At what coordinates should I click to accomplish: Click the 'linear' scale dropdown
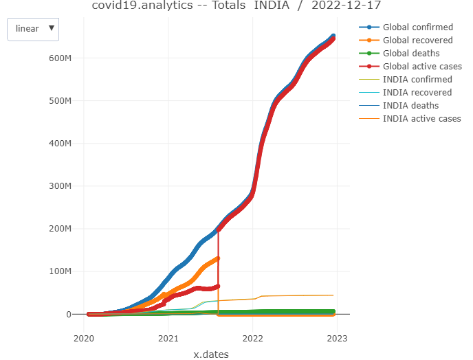[x=33, y=29]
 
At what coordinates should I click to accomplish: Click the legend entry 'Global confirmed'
[x=417, y=27]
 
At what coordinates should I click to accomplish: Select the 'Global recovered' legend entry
[x=417, y=41]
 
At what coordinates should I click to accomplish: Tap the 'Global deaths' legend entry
[x=411, y=54]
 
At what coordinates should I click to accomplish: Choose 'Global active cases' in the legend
[x=421, y=67]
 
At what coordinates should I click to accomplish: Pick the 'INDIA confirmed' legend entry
[x=417, y=80]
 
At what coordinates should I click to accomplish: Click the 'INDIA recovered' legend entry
[x=417, y=93]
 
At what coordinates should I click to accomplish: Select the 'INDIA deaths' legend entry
[x=410, y=106]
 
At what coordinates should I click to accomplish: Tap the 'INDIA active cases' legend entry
[x=421, y=119]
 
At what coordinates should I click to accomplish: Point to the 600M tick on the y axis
[x=60, y=58]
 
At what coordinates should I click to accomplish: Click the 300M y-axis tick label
[x=60, y=186]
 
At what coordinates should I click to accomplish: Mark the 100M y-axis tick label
[x=60, y=271]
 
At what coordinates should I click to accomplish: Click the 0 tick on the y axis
[x=69, y=314]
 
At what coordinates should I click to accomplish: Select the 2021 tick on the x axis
[x=168, y=338]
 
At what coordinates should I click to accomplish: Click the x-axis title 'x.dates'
[x=210, y=355]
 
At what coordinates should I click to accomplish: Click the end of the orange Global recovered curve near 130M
[x=218, y=258]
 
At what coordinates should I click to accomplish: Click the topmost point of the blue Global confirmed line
[x=333, y=36]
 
